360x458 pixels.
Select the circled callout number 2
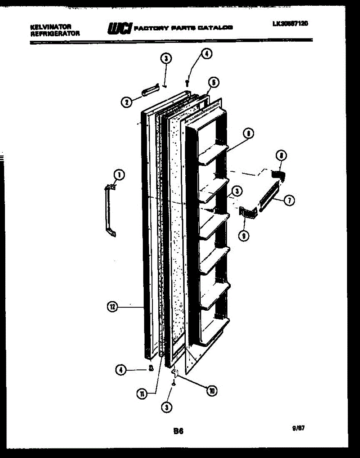pyautogui.click(x=126, y=102)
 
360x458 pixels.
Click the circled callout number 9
pyautogui.click(x=243, y=236)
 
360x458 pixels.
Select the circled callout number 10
pyautogui.click(x=211, y=390)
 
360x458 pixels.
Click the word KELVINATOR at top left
pyautogui.click(x=50, y=27)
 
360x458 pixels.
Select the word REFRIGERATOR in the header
pyautogui.click(x=55, y=33)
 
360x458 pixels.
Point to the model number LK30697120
pyautogui.click(x=290, y=23)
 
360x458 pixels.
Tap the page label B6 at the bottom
pyautogui.click(x=178, y=432)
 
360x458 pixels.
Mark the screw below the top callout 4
pyautogui.click(x=187, y=82)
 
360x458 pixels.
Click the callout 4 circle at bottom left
pyautogui.click(x=121, y=369)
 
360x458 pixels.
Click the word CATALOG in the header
pyautogui.click(x=218, y=27)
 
